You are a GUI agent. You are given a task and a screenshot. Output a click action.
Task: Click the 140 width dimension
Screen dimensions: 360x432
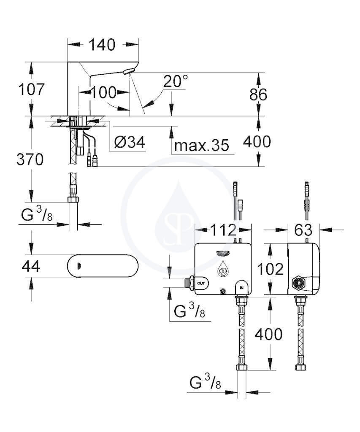point(102,45)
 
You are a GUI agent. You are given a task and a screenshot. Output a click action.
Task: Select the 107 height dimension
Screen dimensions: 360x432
point(31,89)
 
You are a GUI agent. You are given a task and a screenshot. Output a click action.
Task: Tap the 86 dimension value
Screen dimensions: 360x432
point(258,94)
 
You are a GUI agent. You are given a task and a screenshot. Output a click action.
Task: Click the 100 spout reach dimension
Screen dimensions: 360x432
point(104,92)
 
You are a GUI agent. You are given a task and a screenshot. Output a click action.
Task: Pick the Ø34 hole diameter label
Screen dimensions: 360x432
point(130,143)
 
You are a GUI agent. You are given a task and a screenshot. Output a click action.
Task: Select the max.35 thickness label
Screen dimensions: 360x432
point(202,145)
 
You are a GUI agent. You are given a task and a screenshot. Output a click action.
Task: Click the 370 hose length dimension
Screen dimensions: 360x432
point(30,159)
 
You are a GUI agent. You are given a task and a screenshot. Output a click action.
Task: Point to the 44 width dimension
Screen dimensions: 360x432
point(31,267)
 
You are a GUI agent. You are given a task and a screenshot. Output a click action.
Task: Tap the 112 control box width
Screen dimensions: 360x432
point(223,230)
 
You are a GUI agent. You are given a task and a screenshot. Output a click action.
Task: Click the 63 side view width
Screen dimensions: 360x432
point(303,230)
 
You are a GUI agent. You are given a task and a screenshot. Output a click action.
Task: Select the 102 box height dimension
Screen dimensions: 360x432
point(270,269)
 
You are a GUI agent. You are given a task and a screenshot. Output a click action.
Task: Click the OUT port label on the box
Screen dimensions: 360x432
point(201,283)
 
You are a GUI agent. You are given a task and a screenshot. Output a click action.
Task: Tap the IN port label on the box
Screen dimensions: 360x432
point(241,288)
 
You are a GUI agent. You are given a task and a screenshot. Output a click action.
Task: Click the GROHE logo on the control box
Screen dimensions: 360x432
point(223,253)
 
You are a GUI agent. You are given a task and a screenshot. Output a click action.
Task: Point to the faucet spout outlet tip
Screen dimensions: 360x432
point(129,72)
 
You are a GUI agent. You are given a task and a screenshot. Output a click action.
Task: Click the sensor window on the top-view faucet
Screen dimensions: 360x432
point(78,266)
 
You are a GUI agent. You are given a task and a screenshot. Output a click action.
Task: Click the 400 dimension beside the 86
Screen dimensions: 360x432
point(257,142)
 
